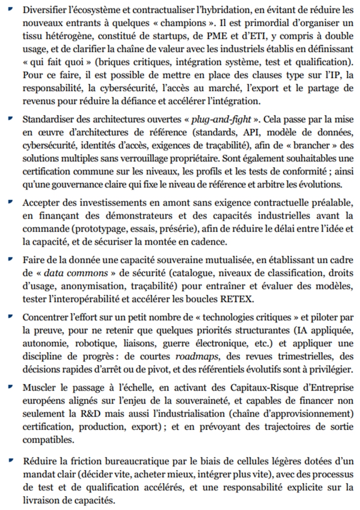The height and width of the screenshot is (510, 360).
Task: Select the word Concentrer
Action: click(44, 320)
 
